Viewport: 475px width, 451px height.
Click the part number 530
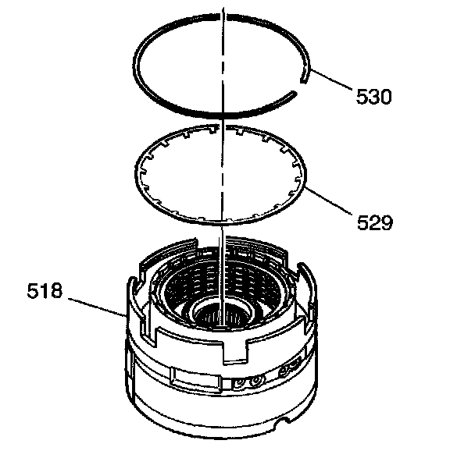(x=373, y=97)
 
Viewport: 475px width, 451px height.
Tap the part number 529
(x=375, y=223)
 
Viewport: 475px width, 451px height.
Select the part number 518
(x=45, y=291)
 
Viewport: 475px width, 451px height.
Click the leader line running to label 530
(x=332, y=80)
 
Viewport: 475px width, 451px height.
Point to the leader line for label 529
(x=329, y=201)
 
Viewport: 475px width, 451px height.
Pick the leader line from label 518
(x=98, y=308)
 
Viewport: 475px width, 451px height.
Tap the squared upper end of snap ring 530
(x=304, y=80)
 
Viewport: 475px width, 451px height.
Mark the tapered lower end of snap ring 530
(x=293, y=93)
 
